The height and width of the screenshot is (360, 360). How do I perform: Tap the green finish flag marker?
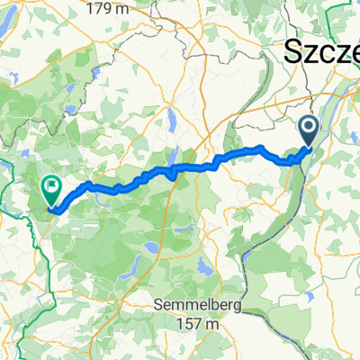pyautogui.click(x=50, y=191)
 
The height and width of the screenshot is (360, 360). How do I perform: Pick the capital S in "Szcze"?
pyautogui.click(x=293, y=52)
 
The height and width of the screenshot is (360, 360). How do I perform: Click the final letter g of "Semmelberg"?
pyautogui.click(x=238, y=308)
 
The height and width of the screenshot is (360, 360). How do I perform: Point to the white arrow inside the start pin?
pyautogui.click(x=309, y=129)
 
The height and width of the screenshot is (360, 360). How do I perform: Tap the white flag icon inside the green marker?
pyautogui.click(x=50, y=188)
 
